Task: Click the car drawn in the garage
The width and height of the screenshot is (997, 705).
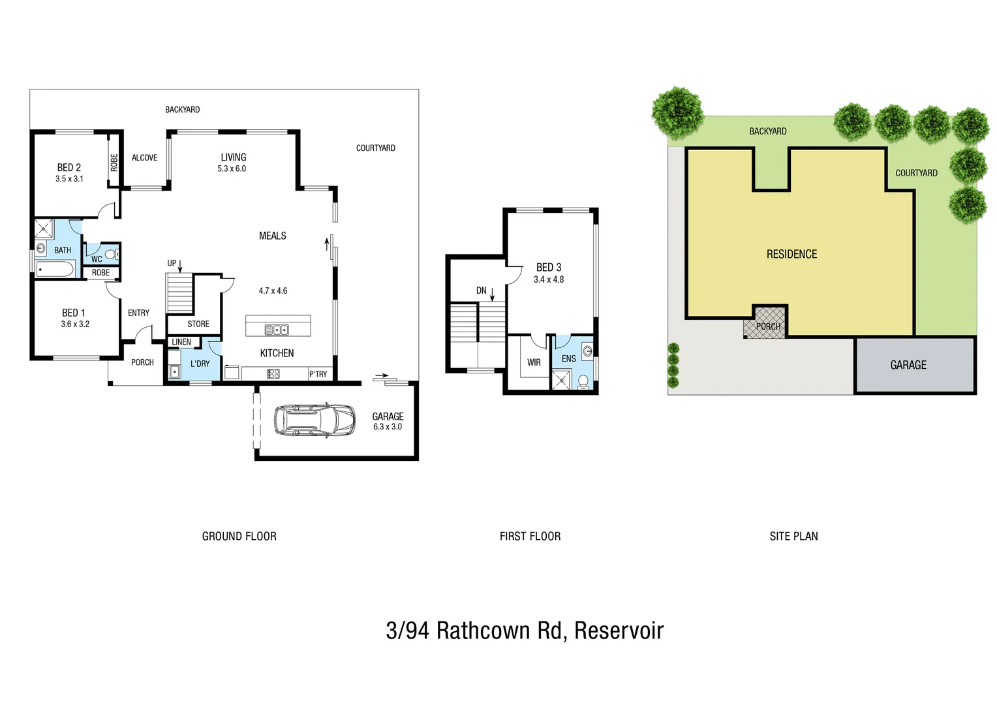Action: pos(314,420)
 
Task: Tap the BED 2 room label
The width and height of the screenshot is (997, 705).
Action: pos(69,168)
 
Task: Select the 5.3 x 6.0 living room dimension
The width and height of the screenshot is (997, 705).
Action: pos(232,168)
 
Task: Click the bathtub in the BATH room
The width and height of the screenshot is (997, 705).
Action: pos(55,268)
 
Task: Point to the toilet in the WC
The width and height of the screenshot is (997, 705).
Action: pos(110,254)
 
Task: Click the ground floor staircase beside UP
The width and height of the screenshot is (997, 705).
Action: pos(179,293)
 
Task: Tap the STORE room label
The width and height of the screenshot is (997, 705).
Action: pos(198,324)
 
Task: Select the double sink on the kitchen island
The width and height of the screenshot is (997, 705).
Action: pos(277,330)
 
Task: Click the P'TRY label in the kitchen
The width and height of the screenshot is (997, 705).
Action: pos(318,374)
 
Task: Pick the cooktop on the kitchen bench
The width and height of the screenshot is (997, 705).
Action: pos(273,374)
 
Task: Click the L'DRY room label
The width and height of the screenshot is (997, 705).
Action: pos(200,364)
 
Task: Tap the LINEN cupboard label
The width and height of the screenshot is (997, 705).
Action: pos(181,342)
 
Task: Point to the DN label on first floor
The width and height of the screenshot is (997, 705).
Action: pos(482,290)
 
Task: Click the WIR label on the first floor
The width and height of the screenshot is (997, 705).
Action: pos(534,362)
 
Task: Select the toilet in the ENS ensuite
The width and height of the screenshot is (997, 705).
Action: pos(583,381)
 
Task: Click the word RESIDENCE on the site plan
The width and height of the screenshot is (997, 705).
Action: pos(791,254)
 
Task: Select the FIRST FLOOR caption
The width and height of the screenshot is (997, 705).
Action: pos(530,536)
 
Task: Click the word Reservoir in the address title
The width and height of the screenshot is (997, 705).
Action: pos(619,631)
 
